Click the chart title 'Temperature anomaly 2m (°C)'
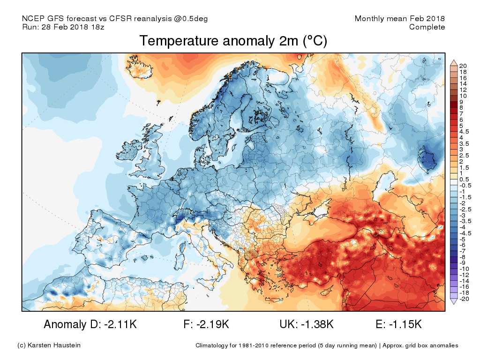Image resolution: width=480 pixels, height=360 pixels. point(233,41)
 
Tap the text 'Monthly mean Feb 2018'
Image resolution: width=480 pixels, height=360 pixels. point(399,18)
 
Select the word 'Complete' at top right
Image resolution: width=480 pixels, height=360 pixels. point(427,27)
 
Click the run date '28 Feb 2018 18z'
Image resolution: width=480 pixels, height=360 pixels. point(73,27)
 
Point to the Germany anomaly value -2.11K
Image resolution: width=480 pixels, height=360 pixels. point(120,324)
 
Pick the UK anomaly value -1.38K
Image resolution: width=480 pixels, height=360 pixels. point(317,324)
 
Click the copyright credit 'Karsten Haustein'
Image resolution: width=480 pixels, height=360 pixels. point(54,345)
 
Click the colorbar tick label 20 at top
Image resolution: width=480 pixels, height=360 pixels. point(463,66)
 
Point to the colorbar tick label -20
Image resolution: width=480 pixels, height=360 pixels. point(464,299)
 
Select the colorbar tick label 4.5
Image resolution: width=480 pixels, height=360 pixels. point(464,132)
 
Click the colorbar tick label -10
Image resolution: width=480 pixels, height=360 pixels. point(464,269)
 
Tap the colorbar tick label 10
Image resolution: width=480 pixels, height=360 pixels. point(463,96)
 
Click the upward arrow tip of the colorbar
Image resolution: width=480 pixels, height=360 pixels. point(454,60)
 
